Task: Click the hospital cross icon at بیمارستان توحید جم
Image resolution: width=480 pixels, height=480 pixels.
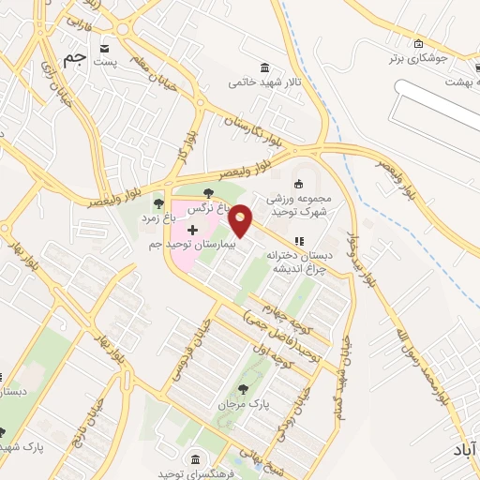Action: click(192, 230)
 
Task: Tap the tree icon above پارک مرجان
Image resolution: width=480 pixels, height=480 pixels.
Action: click(244, 388)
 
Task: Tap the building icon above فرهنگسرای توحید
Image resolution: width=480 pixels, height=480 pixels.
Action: click(195, 457)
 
